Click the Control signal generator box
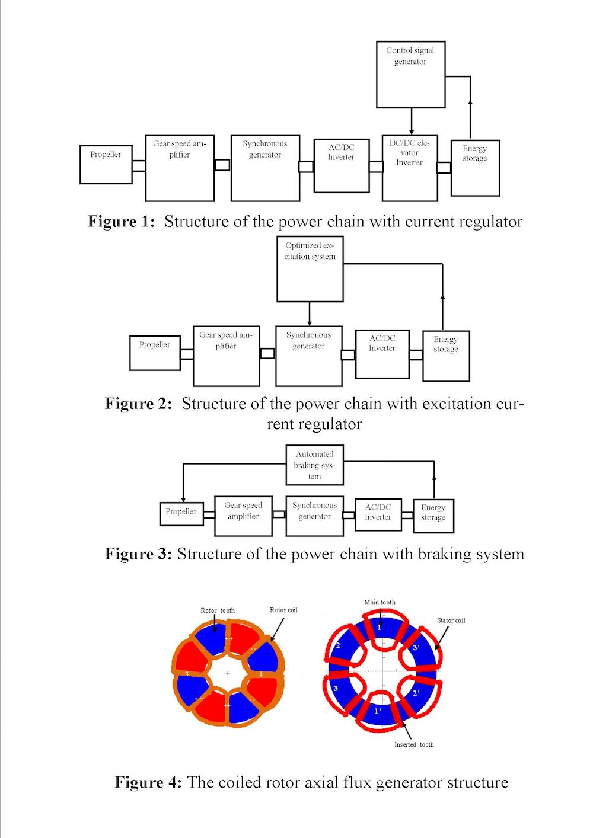410,74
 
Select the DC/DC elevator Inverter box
410,168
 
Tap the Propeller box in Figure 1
106,164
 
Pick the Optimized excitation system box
310,269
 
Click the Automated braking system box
314,465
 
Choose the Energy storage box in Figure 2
445,356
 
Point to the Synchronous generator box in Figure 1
264,168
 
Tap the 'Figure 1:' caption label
121,222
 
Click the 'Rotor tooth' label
218,610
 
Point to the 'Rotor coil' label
283,610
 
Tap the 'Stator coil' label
451,620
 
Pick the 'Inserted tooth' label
414,745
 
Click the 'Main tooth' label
380,602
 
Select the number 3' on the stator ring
416,648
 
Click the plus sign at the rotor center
227,674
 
